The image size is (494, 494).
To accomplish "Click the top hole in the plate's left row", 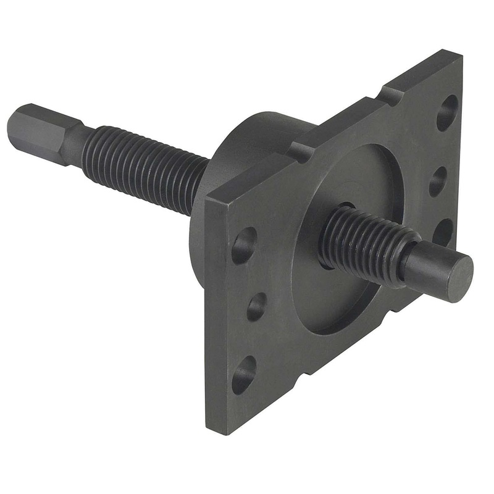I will tap(244, 245).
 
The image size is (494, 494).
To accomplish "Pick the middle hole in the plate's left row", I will tap(256, 306).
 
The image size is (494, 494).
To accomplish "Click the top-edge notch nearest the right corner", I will tap(390, 96).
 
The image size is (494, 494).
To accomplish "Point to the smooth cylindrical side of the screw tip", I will tap(426, 266).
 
